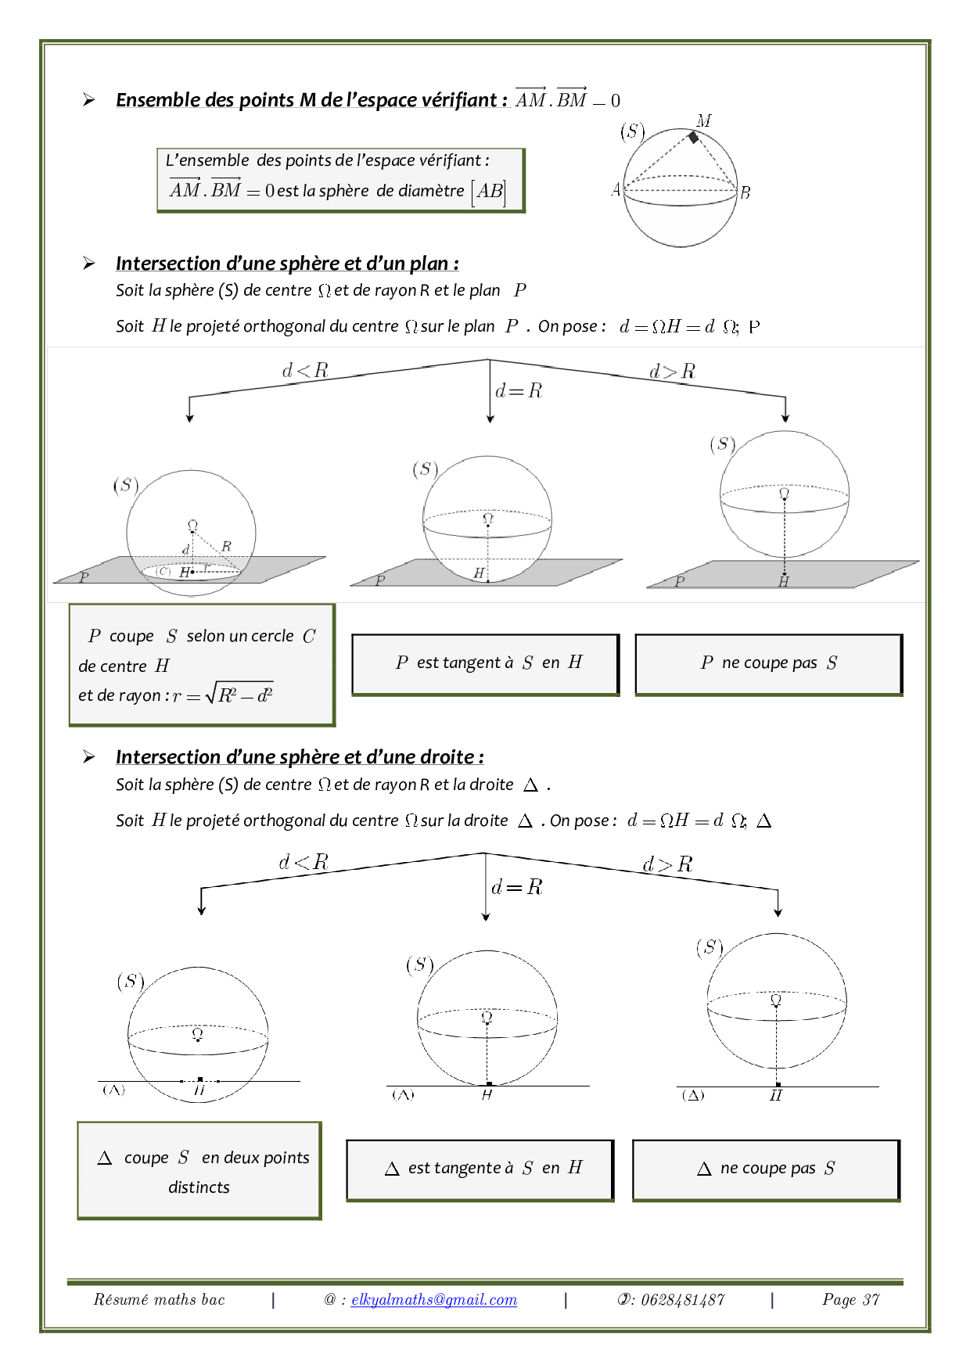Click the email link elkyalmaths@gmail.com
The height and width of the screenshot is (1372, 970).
click(434, 1299)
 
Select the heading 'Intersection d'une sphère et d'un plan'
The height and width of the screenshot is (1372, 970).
click(287, 264)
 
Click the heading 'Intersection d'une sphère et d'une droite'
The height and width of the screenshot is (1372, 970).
click(300, 757)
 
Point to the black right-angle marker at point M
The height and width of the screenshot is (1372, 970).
click(693, 138)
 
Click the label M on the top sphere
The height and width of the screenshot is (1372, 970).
click(704, 120)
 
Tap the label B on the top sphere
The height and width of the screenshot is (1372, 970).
click(745, 192)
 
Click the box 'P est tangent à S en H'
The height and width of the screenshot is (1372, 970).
click(486, 663)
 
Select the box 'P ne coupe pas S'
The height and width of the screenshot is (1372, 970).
click(769, 663)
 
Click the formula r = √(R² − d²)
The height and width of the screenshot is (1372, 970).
click(223, 695)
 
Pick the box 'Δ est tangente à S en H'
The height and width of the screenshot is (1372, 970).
click(480, 1169)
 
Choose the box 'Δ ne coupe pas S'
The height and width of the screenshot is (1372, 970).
click(766, 1169)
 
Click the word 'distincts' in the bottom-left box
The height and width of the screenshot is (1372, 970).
click(199, 1187)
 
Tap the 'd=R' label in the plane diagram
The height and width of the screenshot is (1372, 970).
click(519, 390)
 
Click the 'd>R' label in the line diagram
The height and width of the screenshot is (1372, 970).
click(667, 864)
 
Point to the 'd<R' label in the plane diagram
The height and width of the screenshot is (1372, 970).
click(305, 370)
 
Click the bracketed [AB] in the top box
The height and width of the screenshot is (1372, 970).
click(489, 191)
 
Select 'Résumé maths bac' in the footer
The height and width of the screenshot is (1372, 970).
click(159, 1299)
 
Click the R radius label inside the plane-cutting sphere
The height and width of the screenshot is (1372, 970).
click(226, 546)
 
